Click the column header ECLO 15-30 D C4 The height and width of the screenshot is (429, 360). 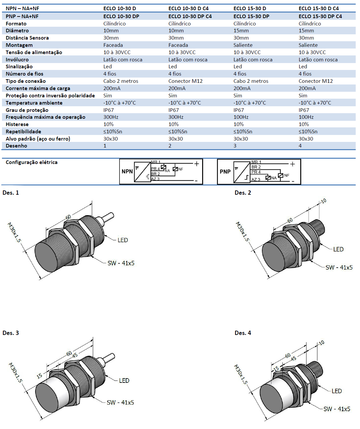tap(318, 8)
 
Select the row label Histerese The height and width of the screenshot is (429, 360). tap(17, 124)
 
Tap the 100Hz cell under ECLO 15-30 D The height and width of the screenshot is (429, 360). tap(241, 117)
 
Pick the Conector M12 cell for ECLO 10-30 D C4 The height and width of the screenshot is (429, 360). tap(185, 81)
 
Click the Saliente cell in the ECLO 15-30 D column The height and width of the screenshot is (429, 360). tap(243, 45)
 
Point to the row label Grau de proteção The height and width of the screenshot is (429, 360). tap(27, 110)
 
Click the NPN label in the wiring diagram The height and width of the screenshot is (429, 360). tap(127, 171)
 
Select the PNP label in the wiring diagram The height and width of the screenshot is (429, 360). tap(225, 172)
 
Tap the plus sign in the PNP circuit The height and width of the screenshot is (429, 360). tap(293, 164)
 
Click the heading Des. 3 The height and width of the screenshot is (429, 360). tap(11, 333)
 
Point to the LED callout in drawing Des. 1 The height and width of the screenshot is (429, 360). tap(123, 240)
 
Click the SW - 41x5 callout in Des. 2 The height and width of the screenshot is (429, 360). tap(339, 268)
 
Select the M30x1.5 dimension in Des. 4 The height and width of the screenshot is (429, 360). tap(241, 374)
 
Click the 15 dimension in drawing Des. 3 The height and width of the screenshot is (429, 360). tap(39, 376)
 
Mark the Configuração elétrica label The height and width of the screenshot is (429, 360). tap(32, 162)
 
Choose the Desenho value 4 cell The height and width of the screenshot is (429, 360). tap(300, 146)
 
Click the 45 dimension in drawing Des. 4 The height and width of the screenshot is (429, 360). tap(293, 359)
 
